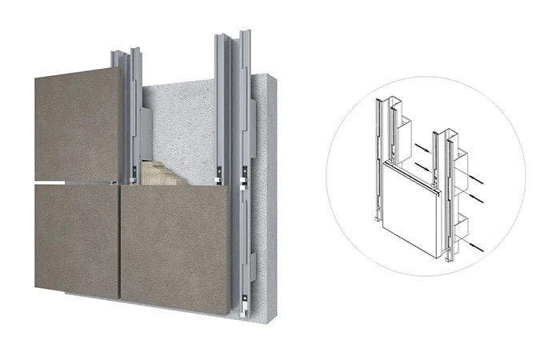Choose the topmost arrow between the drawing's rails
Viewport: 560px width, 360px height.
[x=419, y=147]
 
